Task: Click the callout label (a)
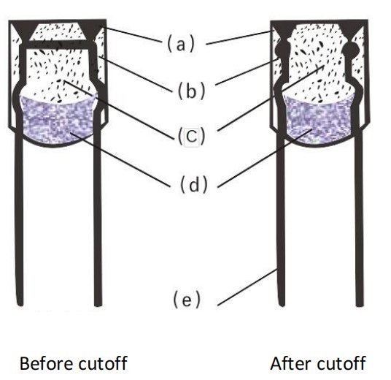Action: pos(180,45)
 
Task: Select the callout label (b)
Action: pos(192,91)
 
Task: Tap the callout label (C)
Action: pos(192,137)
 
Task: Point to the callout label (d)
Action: pos(193,184)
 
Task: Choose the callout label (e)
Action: pos(187,299)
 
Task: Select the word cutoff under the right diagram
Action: pos(336,363)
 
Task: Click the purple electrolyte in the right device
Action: pos(319,123)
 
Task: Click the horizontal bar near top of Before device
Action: pos(58,45)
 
